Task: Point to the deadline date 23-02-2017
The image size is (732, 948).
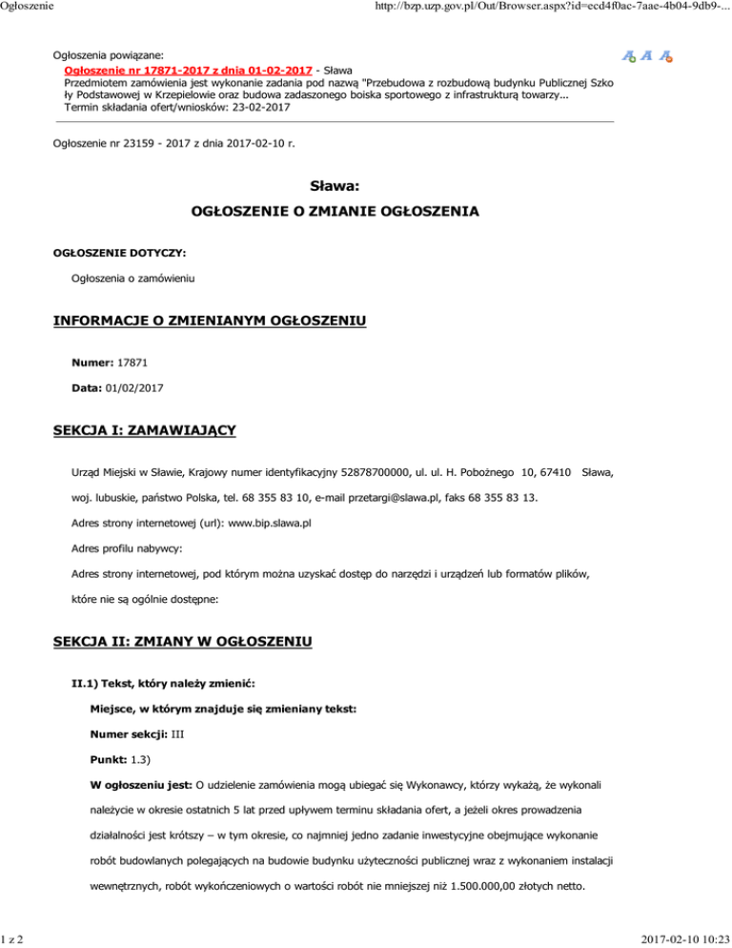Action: (x=257, y=108)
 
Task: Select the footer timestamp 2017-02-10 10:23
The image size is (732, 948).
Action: (x=677, y=936)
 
